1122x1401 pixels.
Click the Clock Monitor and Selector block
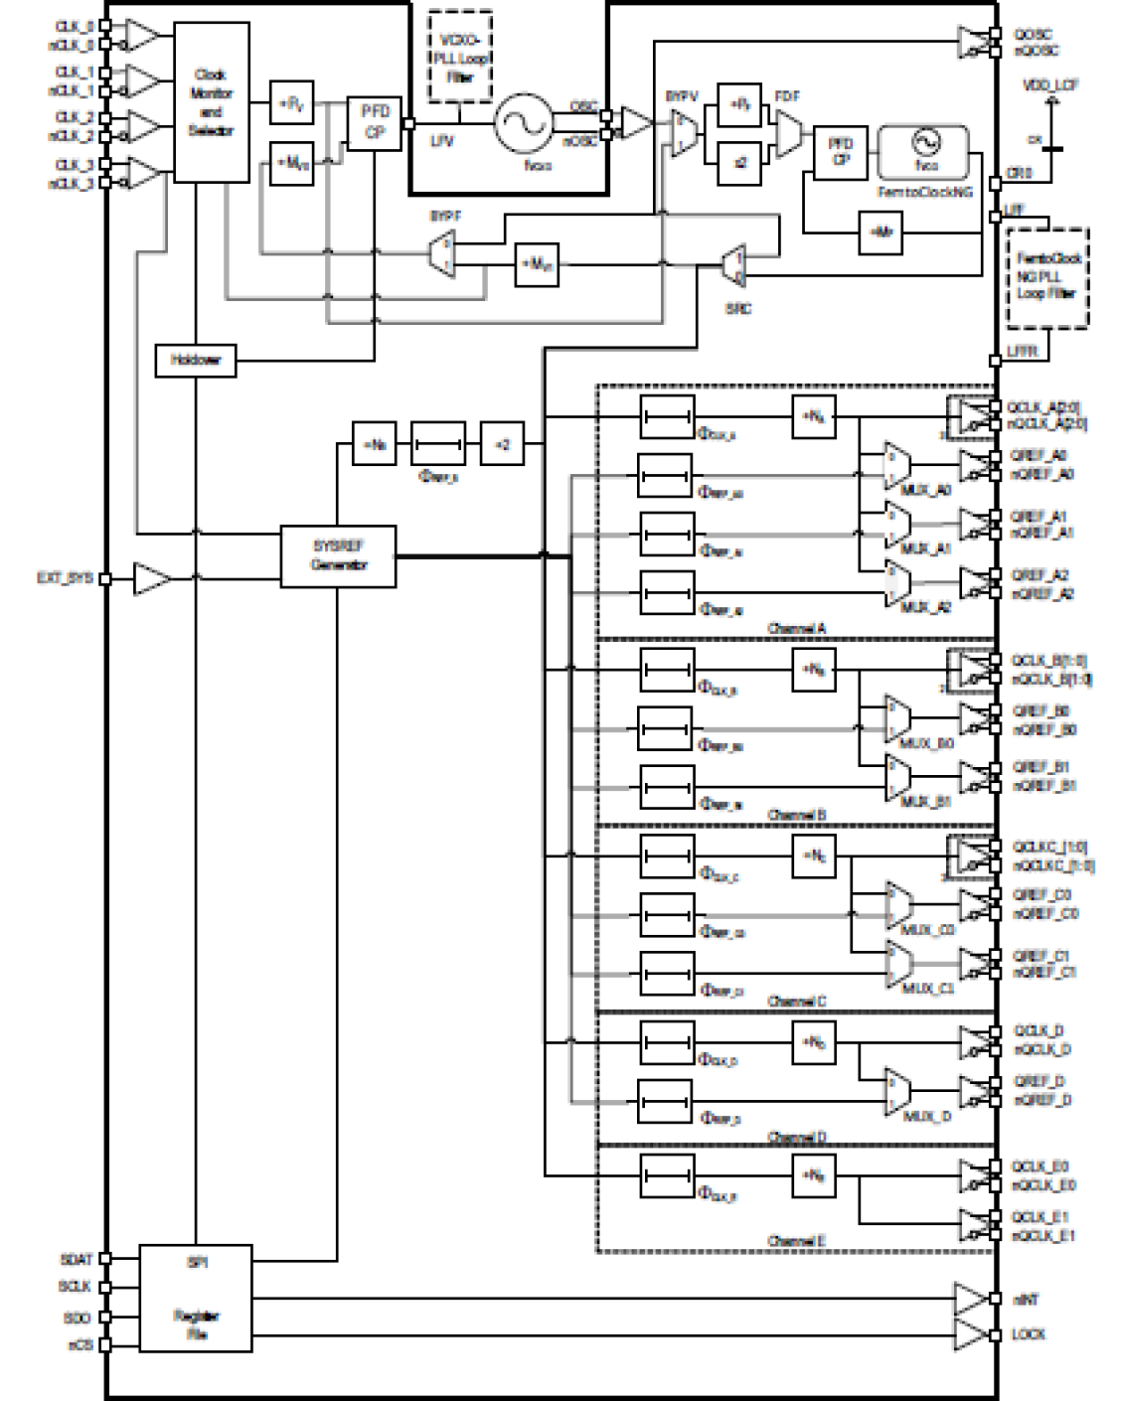click(211, 103)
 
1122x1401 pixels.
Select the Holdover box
click(196, 360)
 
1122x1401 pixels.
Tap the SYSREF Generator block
click(339, 555)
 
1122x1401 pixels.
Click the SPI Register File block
click(196, 1297)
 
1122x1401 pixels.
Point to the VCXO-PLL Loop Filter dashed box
click(460, 57)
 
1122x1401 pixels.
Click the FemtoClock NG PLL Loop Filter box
click(1047, 277)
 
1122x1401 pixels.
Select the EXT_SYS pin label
click(65, 578)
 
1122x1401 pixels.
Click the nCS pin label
click(80, 1345)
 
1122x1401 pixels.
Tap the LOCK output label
click(1028, 1334)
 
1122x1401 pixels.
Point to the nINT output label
click(1026, 1300)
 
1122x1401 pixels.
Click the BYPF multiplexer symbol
click(442, 253)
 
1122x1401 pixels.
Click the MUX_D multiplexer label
click(927, 1116)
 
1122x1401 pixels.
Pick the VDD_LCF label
click(1051, 85)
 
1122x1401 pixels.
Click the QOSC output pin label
click(1033, 34)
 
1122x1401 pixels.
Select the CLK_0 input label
click(75, 27)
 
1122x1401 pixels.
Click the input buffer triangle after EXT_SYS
click(151, 579)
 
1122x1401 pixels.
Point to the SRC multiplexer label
click(738, 308)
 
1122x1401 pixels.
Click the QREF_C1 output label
click(1041, 955)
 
